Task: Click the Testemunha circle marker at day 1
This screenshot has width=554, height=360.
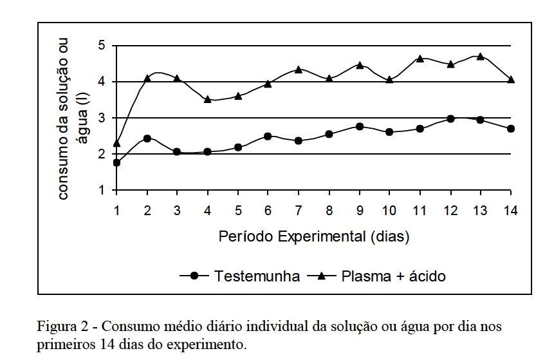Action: click(116, 163)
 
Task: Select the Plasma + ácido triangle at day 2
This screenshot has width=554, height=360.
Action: click(147, 78)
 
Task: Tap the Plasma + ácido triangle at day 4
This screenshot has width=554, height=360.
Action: click(208, 99)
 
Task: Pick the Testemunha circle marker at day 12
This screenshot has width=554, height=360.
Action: click(450, 119)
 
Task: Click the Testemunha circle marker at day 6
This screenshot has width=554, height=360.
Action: click(268, 137)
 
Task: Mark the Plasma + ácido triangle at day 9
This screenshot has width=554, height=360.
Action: click(360, 65)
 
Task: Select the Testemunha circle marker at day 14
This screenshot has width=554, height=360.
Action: click(511, 129)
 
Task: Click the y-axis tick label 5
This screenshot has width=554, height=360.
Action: click(102, 46)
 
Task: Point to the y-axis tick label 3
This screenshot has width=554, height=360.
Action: click(102, 118)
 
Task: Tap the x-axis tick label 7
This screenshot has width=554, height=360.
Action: click(299, 211)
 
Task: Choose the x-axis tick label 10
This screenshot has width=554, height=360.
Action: click(389, 211)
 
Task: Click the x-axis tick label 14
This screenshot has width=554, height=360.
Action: click(510, 211)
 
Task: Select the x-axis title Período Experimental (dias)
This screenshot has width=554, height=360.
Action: click(314, 236)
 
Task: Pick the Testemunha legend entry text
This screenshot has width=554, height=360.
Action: click(257, 276)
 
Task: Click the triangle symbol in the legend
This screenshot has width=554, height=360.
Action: click(322, 276)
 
